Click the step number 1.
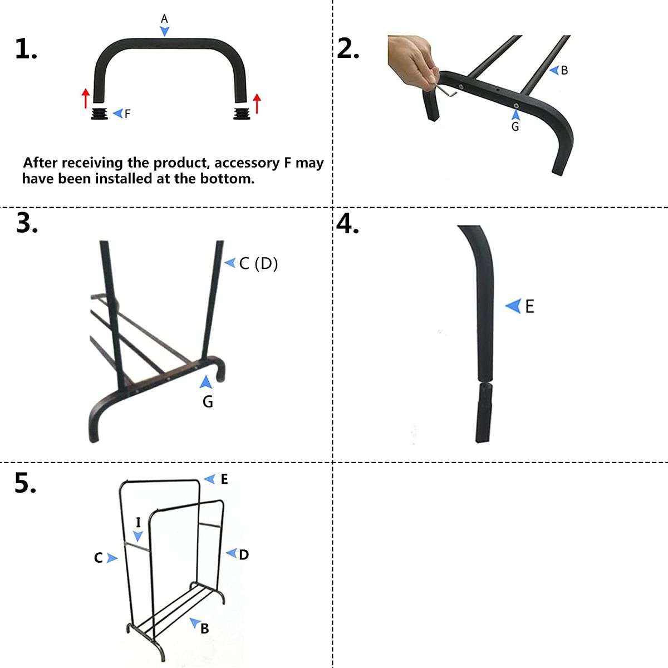[26, 50]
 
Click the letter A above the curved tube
[164, 18]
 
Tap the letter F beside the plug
[127, 114]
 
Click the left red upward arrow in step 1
[85, 97]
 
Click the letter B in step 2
[564, 71]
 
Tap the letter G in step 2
[515, 127]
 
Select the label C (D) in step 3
[258, 263]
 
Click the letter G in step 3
[208, 401]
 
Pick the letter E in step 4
[529, 306]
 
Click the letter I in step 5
[139, 522]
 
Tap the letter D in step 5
[244, 554]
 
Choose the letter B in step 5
[204, 628]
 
